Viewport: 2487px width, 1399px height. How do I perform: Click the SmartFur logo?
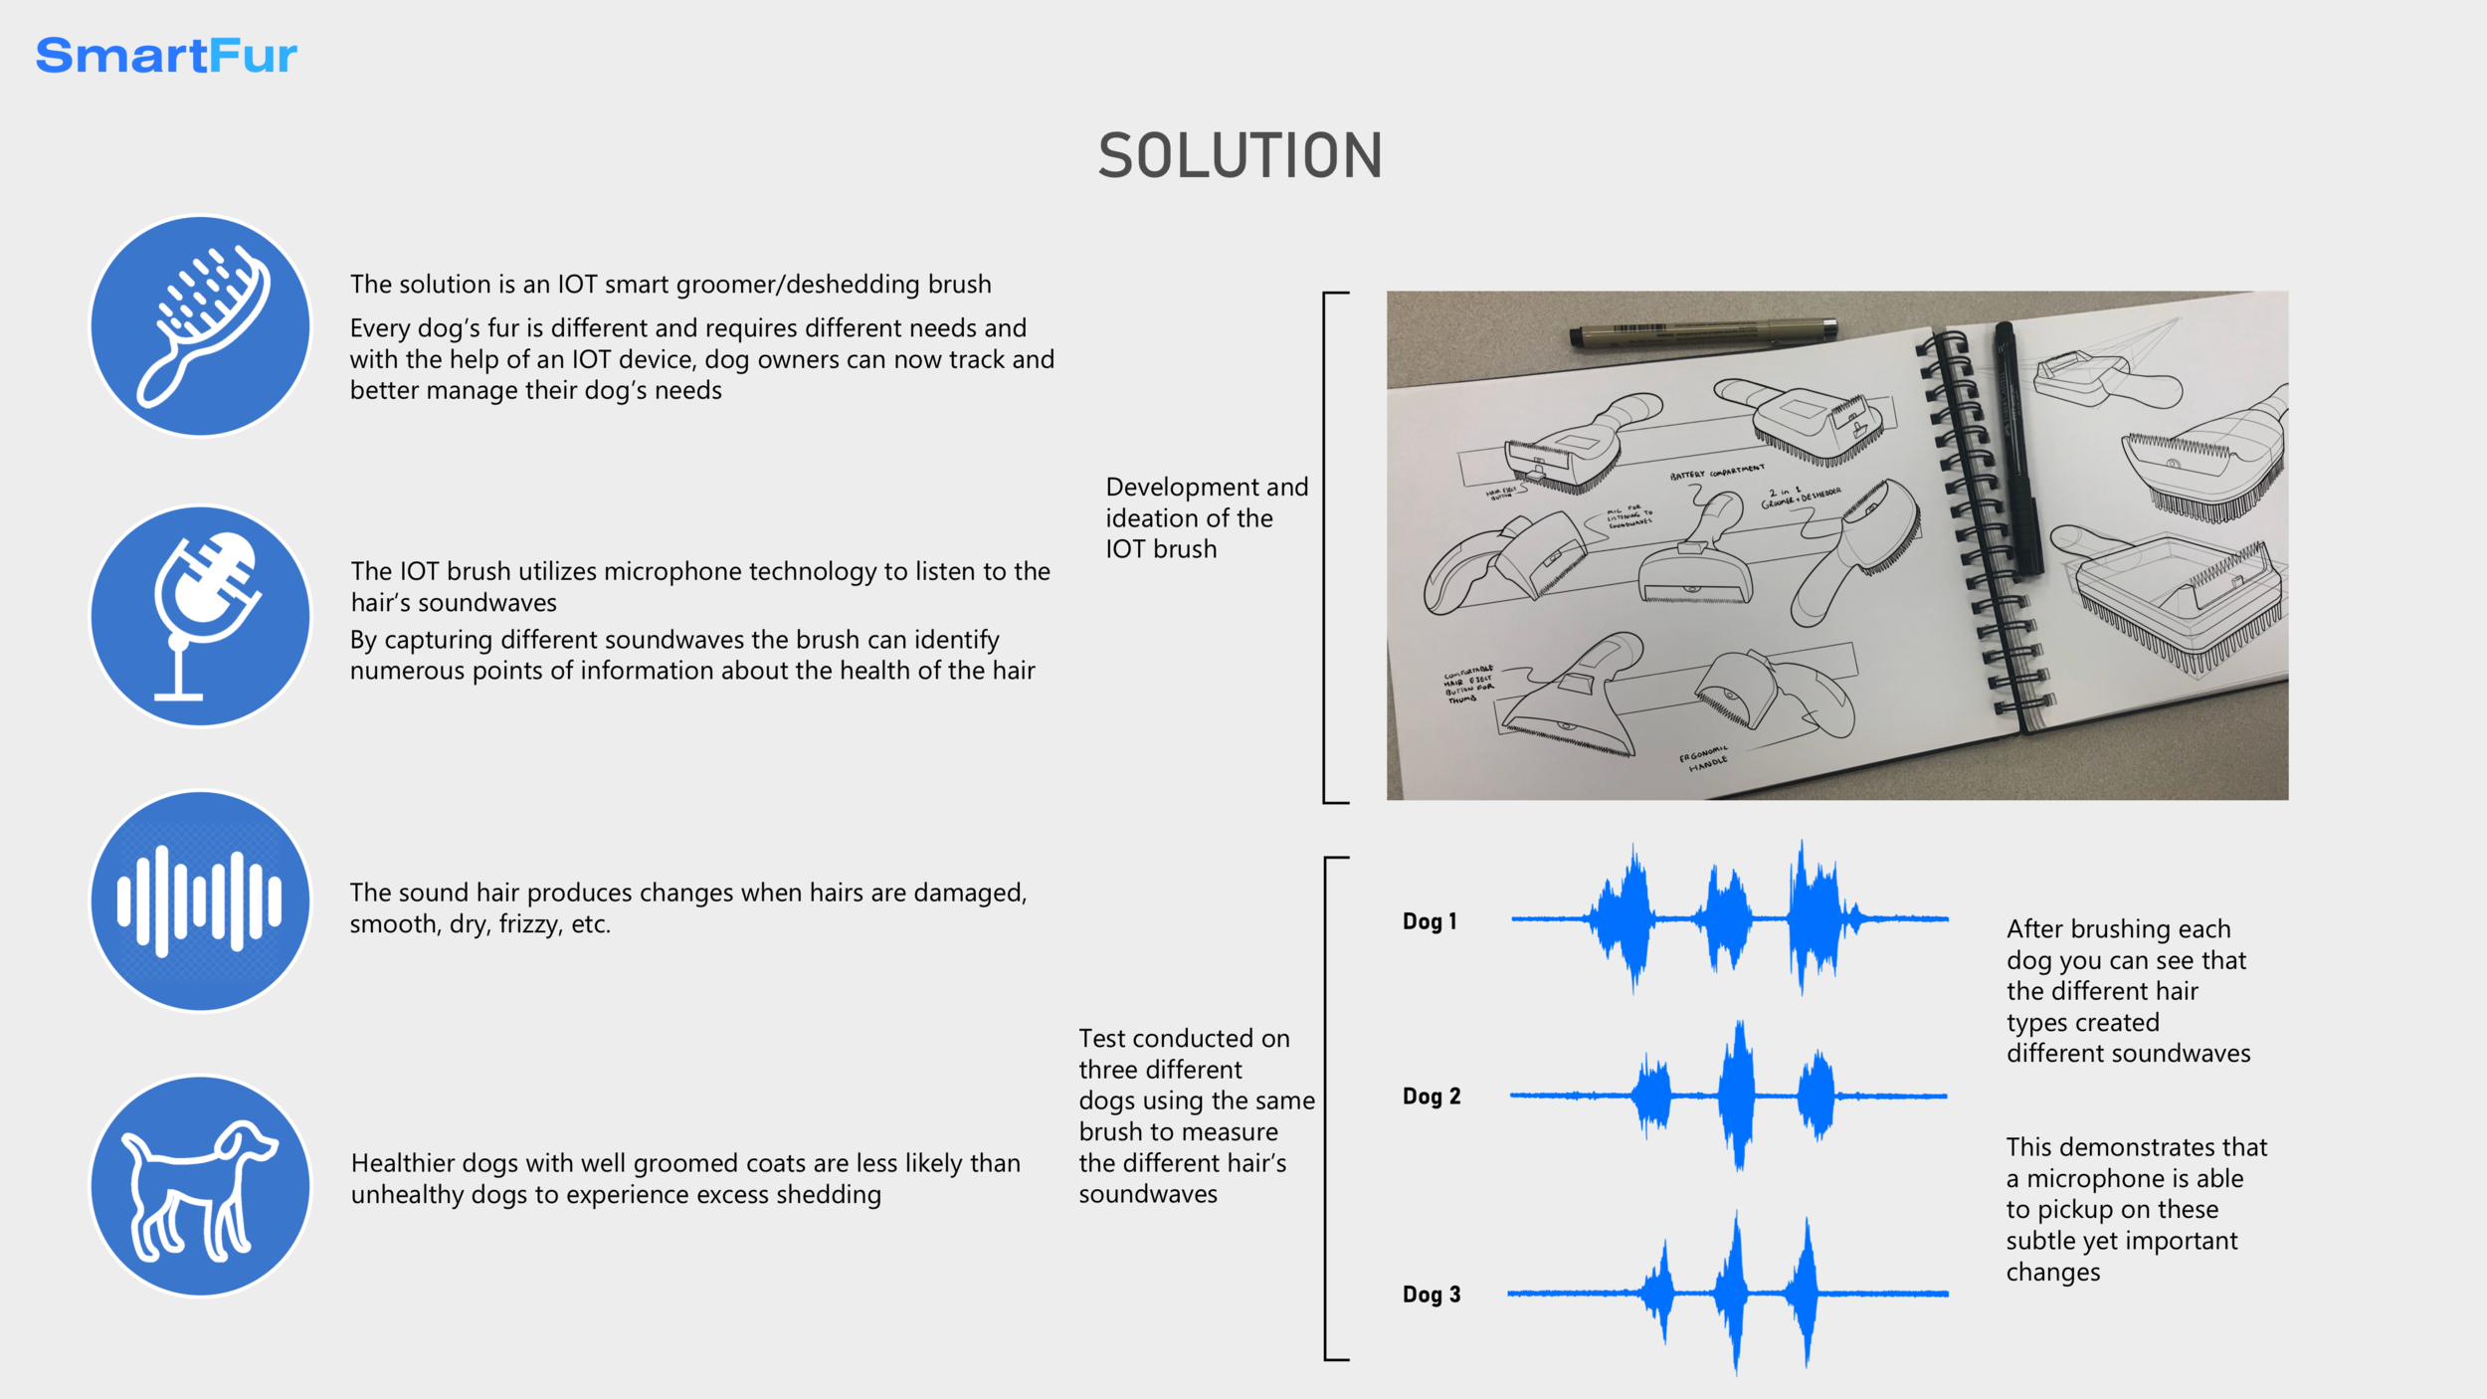tap(166, 56)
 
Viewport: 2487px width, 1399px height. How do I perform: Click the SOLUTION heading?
tap(1241, 156)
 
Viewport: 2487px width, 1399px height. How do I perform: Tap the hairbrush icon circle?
tap(200, 326)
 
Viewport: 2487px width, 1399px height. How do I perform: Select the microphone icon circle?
tap(200, 616)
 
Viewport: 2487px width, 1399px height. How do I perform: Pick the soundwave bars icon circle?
tap(200, 901)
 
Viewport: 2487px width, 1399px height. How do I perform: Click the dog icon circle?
tap(200, 1186)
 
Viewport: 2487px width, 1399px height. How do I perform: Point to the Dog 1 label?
tap(1430, 921)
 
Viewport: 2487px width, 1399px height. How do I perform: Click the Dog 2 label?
tap(1432, 1096)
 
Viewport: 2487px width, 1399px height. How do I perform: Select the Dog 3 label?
tap(1432, 1294)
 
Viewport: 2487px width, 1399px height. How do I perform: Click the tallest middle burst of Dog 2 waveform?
tap(1738, 1095)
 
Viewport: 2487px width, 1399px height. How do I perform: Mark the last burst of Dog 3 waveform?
tap(1807, 1294)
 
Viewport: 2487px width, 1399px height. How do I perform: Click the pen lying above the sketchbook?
tap(1702, 331)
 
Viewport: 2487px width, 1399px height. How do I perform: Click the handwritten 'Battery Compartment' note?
tap(1717, 472)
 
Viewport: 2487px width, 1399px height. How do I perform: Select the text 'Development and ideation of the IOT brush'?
tap(1207, 517)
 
